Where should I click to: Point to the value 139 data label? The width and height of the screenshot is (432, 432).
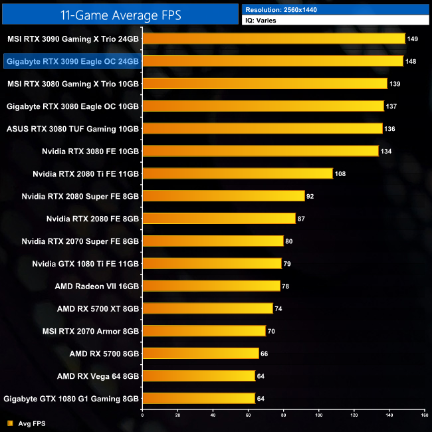pyautogui.click(x=395, y=84)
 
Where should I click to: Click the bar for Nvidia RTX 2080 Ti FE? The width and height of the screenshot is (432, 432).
pyautogui.click(x=237, y=173)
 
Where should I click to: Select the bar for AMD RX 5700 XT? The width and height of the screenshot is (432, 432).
pyautogui.click(x=207, y=308)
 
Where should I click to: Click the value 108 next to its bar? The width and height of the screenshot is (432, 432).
pyautogui.click(x=340, y=173)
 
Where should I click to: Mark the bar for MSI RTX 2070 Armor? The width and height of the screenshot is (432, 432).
pyautogui.click(x=204, y=331)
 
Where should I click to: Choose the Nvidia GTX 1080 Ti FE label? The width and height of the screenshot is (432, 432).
pyautogui.click(x=86, y=263)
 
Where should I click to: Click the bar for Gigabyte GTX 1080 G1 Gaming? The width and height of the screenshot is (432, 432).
pyautogui.click(x=199, y=398)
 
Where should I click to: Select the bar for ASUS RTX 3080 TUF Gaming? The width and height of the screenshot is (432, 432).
pyautogui.click(x=262, y=128)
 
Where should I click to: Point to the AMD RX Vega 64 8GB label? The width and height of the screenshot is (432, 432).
pyautogui.click(x=98, y=376)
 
